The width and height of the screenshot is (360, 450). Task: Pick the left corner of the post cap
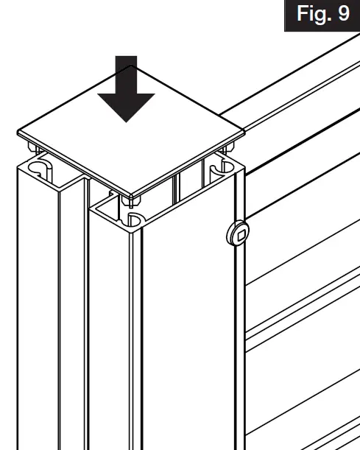coord(19,133)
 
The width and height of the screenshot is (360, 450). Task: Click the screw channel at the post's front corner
coord(135,219)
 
